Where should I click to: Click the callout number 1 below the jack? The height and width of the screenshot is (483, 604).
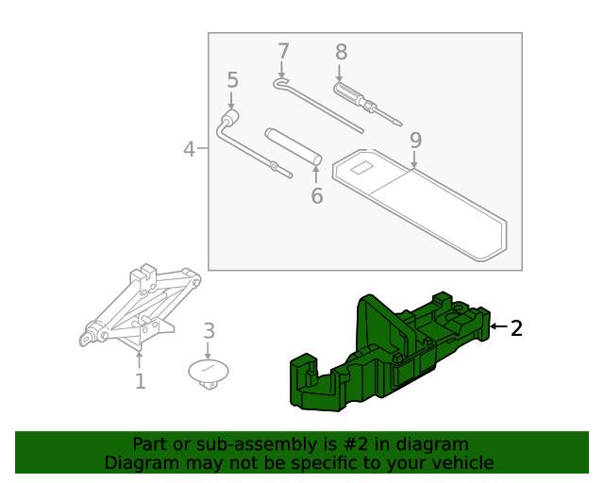click(x=140, y=381)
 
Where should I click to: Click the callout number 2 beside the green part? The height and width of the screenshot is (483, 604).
click(x=516, y=328)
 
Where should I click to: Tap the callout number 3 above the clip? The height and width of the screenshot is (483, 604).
click(x=210, y=331)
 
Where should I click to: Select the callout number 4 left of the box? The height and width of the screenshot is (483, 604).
click(x=189, y=149)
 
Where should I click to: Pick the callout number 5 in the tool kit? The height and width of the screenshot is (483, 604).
click(x=232, y=81)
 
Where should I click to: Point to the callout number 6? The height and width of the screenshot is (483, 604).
click(x=317, y=195)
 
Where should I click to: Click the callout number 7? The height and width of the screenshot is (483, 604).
click(x=282, y=51)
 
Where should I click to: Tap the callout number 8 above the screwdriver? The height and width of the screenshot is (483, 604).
click(x=341, y=53)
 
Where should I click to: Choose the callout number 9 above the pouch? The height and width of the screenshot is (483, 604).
click(x=415, y=140)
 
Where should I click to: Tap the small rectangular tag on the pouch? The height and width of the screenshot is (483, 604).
click(x=361, y=170)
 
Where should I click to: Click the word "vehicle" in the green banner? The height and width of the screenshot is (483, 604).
click(x=461, y=462)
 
